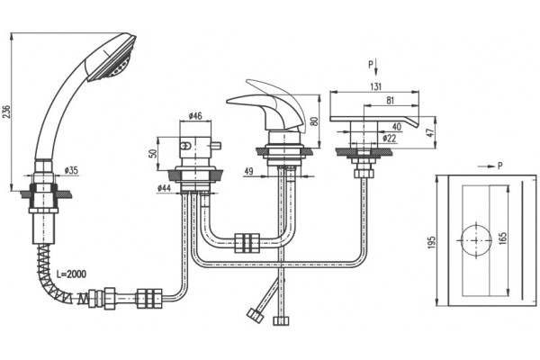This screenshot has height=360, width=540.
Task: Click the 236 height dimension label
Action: (x=7, y=111)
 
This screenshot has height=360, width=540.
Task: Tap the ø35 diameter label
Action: (x=71, y=170)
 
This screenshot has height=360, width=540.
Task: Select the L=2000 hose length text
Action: (x=72, y=274)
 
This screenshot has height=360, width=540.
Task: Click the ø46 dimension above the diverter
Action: (x=195, y=116)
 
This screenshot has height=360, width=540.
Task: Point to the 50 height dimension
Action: (x=153, y=153)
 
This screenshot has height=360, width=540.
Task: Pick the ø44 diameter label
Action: (x=165, y=188)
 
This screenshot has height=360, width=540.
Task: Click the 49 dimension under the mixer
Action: (x=248, y=171)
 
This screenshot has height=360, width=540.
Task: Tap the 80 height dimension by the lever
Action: (x=314, y=121)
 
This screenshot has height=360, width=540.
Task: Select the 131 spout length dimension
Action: (x=375, y=86)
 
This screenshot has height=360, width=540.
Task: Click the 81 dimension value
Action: (x=390, y=101)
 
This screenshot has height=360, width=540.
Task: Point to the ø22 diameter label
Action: (x=390, y=139)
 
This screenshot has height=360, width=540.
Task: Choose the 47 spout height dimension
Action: (x=431, y=132)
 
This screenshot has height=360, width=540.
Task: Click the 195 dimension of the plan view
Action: (x=431, y=242)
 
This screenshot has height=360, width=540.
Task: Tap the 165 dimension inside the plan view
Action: (x=503, y=238)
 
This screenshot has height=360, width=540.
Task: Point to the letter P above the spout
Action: (x=371, y=64)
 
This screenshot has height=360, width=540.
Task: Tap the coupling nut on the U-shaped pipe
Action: (x=247, y=243)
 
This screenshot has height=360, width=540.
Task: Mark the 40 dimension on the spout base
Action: (x=397, y=126)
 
